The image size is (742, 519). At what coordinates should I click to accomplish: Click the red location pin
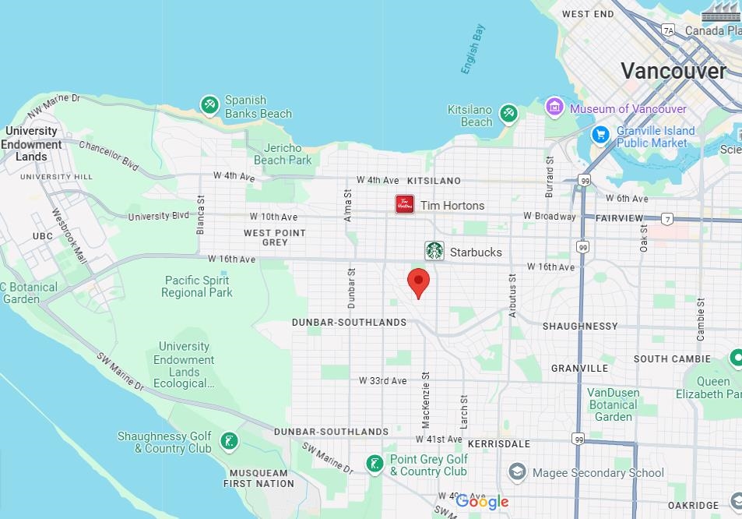click(419, 282)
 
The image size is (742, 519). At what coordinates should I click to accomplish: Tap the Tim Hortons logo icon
click(405, 205)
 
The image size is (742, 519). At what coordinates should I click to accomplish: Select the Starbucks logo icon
click(434, 251)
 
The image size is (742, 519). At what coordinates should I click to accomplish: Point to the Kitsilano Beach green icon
click(508, 114)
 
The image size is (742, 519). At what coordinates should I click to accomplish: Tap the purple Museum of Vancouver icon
click(554, 106)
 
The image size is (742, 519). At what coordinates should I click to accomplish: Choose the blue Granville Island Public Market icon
click(600, 134)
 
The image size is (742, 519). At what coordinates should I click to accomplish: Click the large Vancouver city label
click(673, 71)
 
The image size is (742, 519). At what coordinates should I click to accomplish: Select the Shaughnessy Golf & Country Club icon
click(228, 442)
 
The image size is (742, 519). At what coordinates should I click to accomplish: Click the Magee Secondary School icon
click(517, 472)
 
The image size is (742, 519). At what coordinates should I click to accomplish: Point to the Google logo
click(482, 502)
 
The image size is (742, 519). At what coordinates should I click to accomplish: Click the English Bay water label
click(473, 49)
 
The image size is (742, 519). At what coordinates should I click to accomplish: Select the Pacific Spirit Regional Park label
click(197, 286)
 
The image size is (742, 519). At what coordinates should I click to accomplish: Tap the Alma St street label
click(348, 205)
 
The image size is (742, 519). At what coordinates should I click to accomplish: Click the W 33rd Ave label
click(382, 381)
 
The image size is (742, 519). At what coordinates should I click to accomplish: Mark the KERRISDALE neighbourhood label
click(498, 443)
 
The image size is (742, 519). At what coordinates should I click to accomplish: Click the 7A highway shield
click(668, 30)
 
